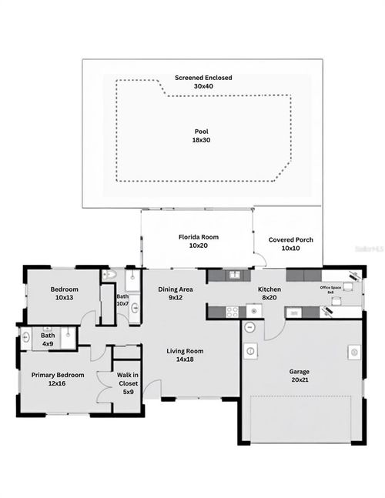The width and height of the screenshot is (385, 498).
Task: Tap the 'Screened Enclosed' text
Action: [x=203, y=78]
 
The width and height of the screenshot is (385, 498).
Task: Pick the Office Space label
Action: [x=331, y=287]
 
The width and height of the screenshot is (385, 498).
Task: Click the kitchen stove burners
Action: [x=231, y=311]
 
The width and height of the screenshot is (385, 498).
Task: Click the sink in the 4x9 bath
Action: [x=27, y=336]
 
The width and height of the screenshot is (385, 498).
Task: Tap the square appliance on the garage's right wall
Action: [x=354, y=352]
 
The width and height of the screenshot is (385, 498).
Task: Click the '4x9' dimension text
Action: [x=48, y=344]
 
